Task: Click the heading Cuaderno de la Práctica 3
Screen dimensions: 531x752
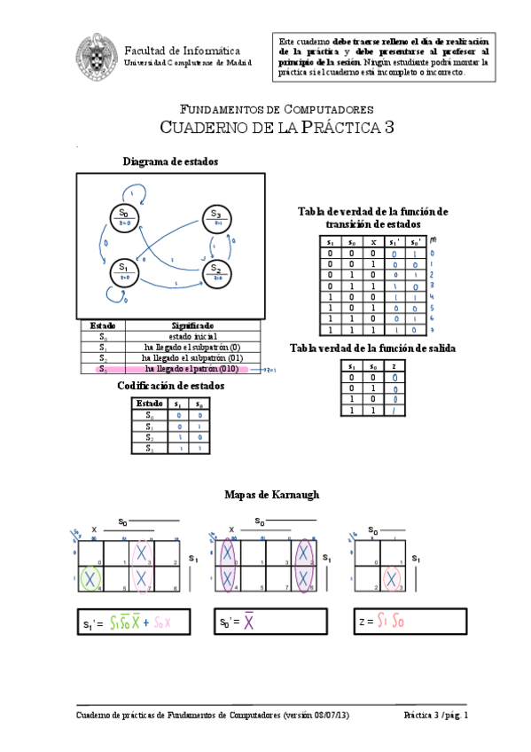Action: [x=276, y=128]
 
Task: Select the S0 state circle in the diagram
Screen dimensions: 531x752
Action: [x=124, y=217]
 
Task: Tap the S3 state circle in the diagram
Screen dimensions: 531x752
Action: [x=215, y=217]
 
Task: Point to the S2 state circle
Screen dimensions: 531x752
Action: [x=216, y=272]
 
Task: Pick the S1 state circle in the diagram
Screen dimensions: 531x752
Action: [x=124, y=271]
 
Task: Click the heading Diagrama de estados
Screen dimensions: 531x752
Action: [x=170, y=161]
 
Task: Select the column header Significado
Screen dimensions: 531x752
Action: [x=191, y=326]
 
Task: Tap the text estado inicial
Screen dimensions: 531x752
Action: [x=191, y=337]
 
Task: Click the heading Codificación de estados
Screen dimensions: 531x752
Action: [x=170, y=387]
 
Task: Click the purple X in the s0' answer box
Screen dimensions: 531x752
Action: [x=249, y=623]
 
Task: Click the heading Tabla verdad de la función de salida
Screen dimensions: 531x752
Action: [x=372, y=349]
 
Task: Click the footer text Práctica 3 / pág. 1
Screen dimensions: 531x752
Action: [x=434, y=715]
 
